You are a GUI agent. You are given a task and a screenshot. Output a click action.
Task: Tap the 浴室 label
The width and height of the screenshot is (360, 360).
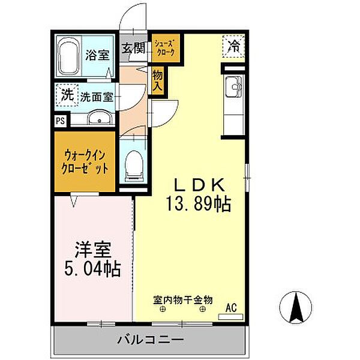pos(98,55)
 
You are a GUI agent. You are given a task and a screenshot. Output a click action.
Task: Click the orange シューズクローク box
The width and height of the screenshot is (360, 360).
pos(165,48)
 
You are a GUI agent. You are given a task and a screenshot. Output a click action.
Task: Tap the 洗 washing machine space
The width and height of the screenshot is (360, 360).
pos(67,95)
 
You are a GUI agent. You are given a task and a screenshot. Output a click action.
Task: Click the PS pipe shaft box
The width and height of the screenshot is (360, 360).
pos(61,121)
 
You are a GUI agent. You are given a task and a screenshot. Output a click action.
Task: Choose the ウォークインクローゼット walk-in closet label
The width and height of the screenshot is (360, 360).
pos(85,162)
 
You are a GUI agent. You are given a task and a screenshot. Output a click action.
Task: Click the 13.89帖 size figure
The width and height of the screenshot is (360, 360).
pos(199,204)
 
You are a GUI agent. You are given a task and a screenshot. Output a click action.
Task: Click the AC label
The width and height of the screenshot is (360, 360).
pos(231,308)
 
